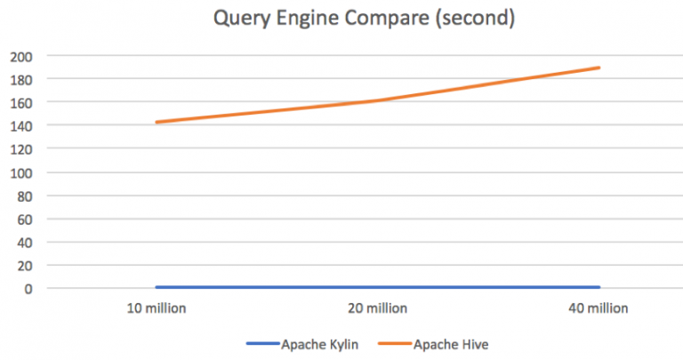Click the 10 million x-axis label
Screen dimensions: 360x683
[157, 309]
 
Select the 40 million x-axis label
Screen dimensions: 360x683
[599, 309]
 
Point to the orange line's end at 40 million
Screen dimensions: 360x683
[599, 68]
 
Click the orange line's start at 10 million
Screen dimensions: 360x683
[157, 123]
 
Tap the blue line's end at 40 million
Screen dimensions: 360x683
[599, 287]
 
